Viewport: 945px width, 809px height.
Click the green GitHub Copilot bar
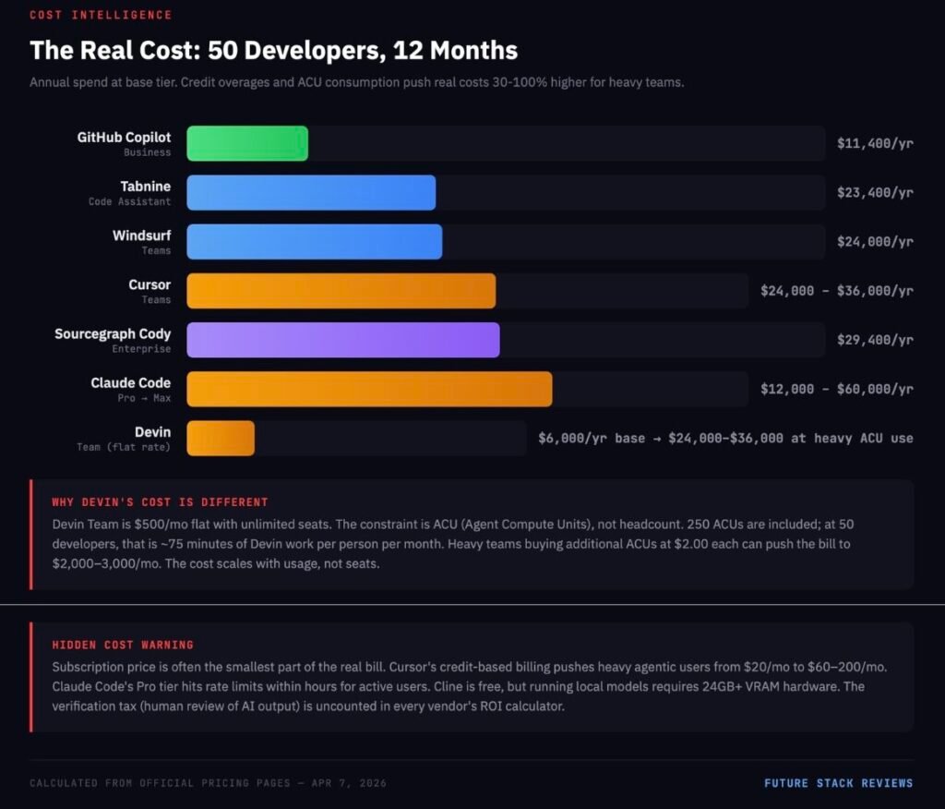[247, 144]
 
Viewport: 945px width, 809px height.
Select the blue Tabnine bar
[311, 193]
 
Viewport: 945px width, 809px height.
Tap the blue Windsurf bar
[314, 242]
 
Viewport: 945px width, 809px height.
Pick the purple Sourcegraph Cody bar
[343, 340]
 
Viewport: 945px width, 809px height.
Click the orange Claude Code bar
[369, 389]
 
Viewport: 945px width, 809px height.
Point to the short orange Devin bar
[221, 438]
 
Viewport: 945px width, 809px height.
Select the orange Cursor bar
[341, 291]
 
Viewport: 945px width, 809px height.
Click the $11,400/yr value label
[874, 144]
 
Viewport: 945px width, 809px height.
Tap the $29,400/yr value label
[874, 340]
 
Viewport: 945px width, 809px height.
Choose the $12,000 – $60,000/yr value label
[836, 389]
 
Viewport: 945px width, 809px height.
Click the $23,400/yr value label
[874, 193]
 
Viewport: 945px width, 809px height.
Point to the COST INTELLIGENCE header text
[101, 15]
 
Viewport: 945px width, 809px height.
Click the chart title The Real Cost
[273, 50]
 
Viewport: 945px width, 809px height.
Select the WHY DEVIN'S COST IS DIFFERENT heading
[160, 502]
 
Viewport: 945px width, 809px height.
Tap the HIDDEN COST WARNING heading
[123, 645]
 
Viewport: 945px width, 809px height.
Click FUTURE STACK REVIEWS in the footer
[838, 783]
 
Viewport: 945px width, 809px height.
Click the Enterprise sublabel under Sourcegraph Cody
[141, 349]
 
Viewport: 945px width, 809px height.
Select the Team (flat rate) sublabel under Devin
[124, 447]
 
